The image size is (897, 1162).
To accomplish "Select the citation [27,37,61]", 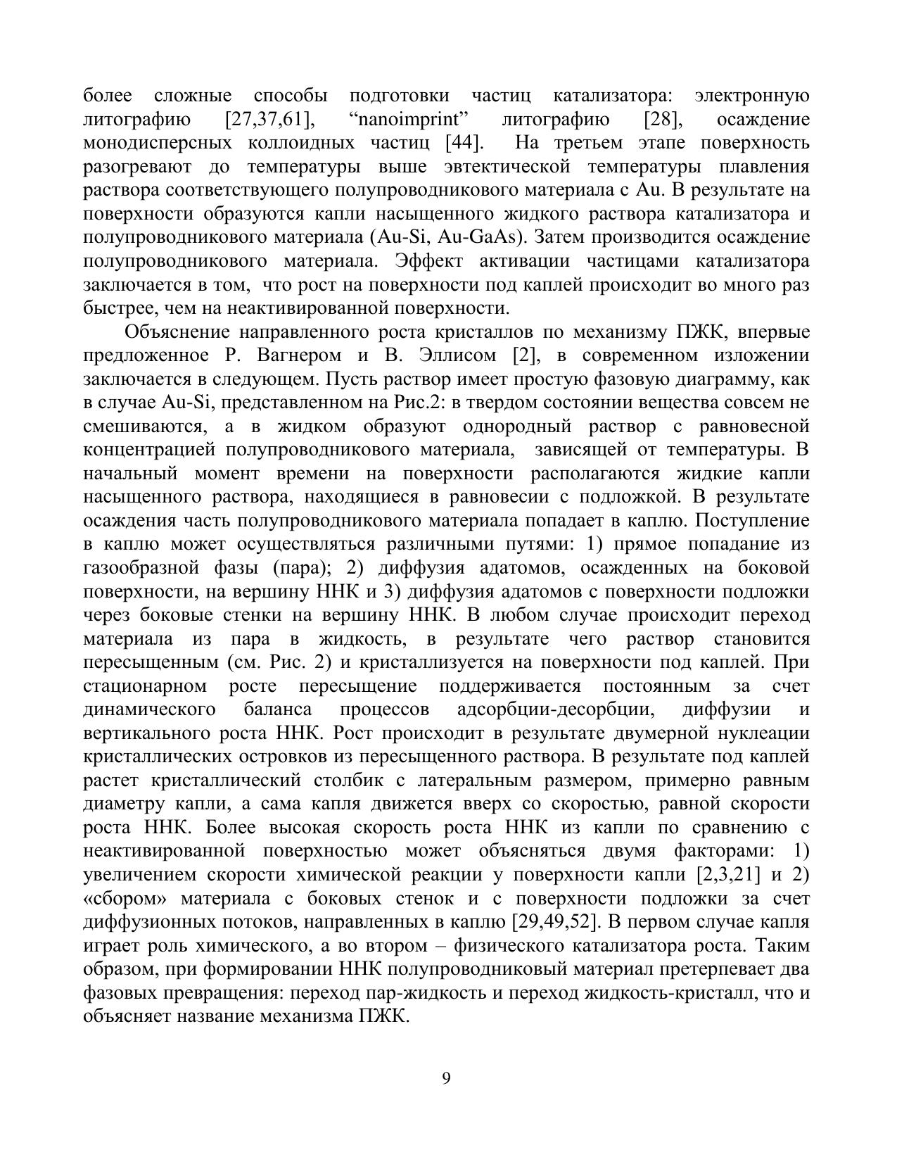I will point(269,120).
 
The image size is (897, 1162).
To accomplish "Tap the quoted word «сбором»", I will point(125,899).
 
